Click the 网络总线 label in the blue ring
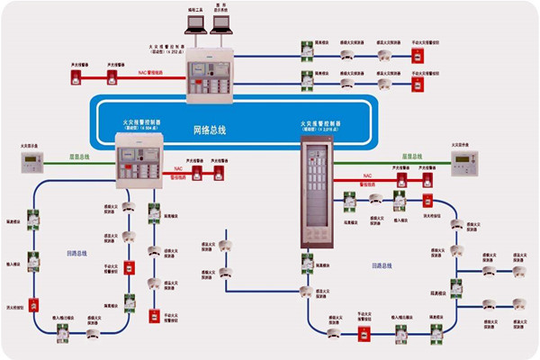click(x=210, y=130)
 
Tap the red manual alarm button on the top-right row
click(x=417, y=56)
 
